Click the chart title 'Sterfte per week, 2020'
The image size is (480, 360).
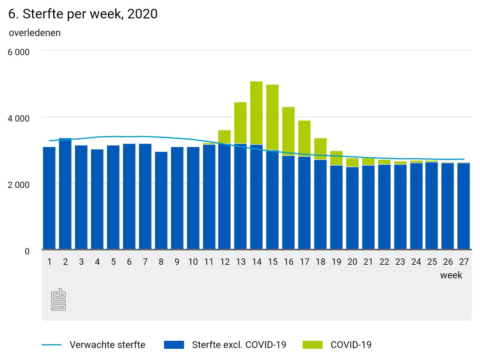[83, 14]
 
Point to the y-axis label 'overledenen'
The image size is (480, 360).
[35, 33]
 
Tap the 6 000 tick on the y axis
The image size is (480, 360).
[19, 52]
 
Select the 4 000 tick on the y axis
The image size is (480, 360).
[19, 119]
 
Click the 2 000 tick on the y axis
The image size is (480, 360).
[19, 185]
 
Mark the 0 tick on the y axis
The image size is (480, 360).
[27, 251]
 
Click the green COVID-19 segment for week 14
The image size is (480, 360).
[256, 113]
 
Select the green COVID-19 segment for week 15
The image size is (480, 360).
[272, 117]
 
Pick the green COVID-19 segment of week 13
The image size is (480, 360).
[240, 123]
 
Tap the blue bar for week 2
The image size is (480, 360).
[65, 194]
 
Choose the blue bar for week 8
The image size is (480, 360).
[161, 201]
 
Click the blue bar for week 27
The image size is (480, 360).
[464, 206]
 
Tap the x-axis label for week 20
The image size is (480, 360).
[352, 262]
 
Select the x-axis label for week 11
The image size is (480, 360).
[208, 262]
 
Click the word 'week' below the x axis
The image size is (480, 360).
[451, 275]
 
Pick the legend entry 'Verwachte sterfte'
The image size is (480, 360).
[107, 345]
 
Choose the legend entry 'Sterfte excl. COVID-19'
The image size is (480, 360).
[239, 345]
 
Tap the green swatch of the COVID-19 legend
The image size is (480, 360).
[312, 345]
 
